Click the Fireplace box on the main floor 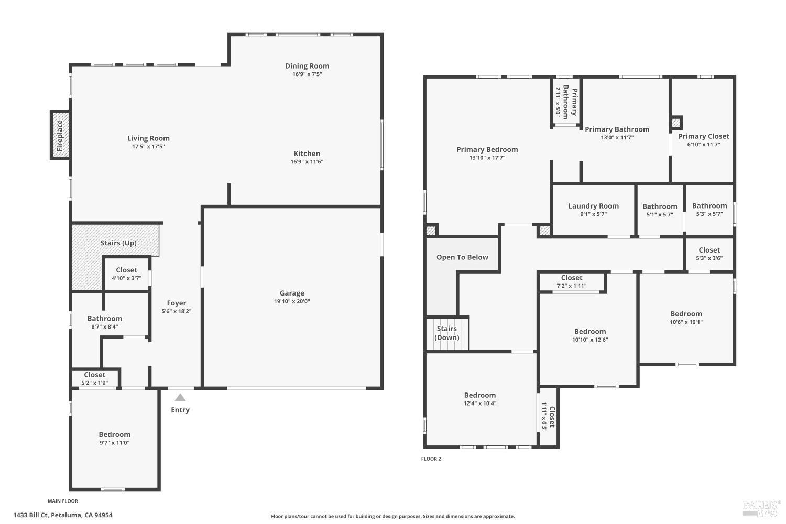[60, 135]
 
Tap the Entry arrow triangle [180, 398]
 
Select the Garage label [292, 293]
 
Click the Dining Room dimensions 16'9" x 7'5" [307, 74]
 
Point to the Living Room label [148, 138]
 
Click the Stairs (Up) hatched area [118, 243]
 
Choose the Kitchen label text [307, 154]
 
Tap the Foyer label [177, 303]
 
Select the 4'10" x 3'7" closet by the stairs [126, 274]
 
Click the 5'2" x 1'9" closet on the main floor [95, 378]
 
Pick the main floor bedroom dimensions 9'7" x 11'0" [114, 443]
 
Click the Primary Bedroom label [487, 149]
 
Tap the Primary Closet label [703, 136]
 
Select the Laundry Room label [593, 206]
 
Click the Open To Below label [462, 257]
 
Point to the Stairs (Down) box [447, 333]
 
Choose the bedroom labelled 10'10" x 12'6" [590, 335]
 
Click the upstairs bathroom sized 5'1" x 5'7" [660, 210]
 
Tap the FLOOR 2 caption [431, 459]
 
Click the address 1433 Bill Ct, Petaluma [63, 515]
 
